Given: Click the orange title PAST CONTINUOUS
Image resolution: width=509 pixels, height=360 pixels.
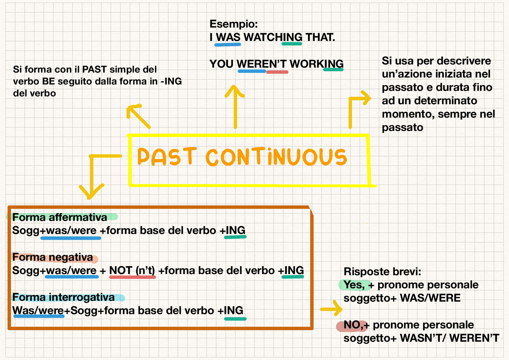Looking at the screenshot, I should click(x=242, y=157).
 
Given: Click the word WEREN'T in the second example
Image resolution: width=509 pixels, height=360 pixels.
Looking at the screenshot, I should click(x=262, y=64).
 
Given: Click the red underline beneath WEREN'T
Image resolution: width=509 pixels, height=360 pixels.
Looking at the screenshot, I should click(x=277, y=72).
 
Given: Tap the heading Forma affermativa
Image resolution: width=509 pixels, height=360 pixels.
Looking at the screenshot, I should click(x=60, y=217).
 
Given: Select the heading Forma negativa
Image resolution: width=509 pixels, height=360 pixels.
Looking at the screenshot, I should click(x=52, y=257).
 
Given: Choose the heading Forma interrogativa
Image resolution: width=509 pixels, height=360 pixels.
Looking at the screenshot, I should click(x=64, y=298).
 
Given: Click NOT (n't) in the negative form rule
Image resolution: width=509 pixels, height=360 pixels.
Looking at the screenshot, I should click(x=132, y=270).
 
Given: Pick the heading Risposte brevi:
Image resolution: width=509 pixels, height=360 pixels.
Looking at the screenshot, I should click(x=382, y=272).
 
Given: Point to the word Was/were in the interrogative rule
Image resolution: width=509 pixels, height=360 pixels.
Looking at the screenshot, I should click(x=38, y=311).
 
